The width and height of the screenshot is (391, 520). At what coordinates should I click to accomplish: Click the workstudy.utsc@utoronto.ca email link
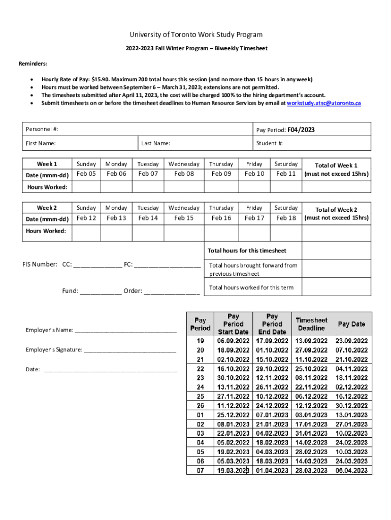point(324,103)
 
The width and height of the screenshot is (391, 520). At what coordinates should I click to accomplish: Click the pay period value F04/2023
point(301,130)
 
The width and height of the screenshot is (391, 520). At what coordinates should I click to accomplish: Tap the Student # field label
point(270,143)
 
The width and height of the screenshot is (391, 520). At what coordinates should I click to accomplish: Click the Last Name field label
point(155,143)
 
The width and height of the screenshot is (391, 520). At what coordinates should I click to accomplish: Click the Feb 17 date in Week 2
point(254,218)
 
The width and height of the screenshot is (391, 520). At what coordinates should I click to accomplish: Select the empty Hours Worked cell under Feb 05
point(86,187)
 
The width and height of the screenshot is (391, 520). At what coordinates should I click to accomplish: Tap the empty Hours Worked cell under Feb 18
point(286,232)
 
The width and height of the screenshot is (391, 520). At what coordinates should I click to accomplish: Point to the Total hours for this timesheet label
point(247,250)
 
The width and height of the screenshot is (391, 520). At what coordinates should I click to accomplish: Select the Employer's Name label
point(49,330)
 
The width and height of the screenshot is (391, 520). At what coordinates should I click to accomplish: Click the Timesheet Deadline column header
point(311,324)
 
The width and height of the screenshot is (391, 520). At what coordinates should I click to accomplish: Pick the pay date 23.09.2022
point(351,341)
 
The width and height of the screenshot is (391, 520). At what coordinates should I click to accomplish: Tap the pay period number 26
point(200,406)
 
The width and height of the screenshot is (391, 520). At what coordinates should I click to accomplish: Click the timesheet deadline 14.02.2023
point(311,443)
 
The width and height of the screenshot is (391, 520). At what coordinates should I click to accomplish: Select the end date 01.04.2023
point(272,471)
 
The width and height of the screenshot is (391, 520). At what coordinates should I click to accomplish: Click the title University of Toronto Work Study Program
point(195,35)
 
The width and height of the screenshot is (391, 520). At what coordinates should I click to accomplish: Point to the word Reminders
point(33,64)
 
